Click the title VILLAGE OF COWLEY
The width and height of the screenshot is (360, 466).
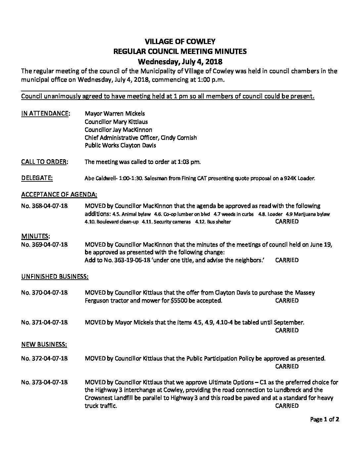coord(180,41)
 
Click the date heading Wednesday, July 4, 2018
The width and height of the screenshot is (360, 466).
coord(180,62)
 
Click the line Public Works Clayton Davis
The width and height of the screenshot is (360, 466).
coord(120,145)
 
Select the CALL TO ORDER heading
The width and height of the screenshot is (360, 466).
coord(45,162)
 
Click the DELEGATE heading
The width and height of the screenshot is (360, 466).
coord(37,178)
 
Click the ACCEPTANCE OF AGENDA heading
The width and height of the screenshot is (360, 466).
coord(59,194)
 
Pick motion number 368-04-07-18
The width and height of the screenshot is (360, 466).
coord(44,206)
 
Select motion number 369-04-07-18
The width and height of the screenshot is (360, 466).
coord(44,245)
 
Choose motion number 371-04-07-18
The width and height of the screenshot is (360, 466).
coord(44,322)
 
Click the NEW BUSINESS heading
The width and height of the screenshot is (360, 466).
coord(44,345)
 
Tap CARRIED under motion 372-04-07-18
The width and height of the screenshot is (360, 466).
coord(287,366)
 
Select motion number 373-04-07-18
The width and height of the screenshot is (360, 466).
coord(44,382)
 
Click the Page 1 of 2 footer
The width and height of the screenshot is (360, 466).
coord(325,420)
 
